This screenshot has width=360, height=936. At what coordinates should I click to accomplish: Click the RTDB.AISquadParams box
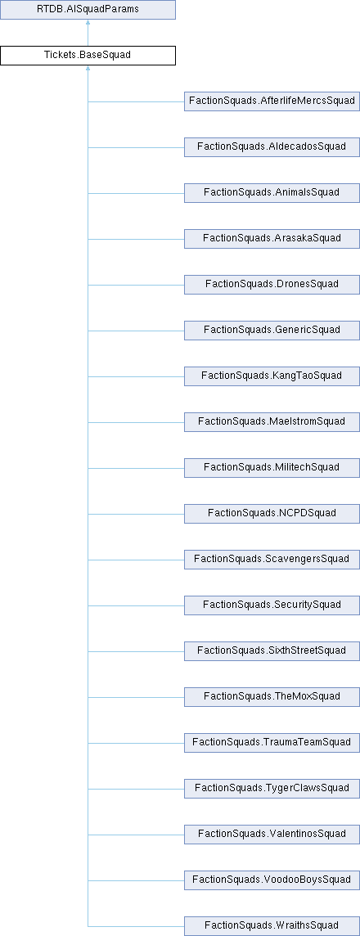coord(88,10)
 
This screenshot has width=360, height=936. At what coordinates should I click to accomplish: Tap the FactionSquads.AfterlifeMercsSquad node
coord(272,101)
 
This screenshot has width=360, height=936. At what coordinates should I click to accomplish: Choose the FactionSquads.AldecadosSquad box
coord(272,146)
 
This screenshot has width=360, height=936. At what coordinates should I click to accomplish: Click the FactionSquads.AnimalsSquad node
coord(272,193)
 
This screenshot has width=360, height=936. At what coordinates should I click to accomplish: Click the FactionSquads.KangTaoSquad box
coord(272,376)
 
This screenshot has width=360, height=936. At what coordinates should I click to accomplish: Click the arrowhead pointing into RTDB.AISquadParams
coord(88,23)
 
